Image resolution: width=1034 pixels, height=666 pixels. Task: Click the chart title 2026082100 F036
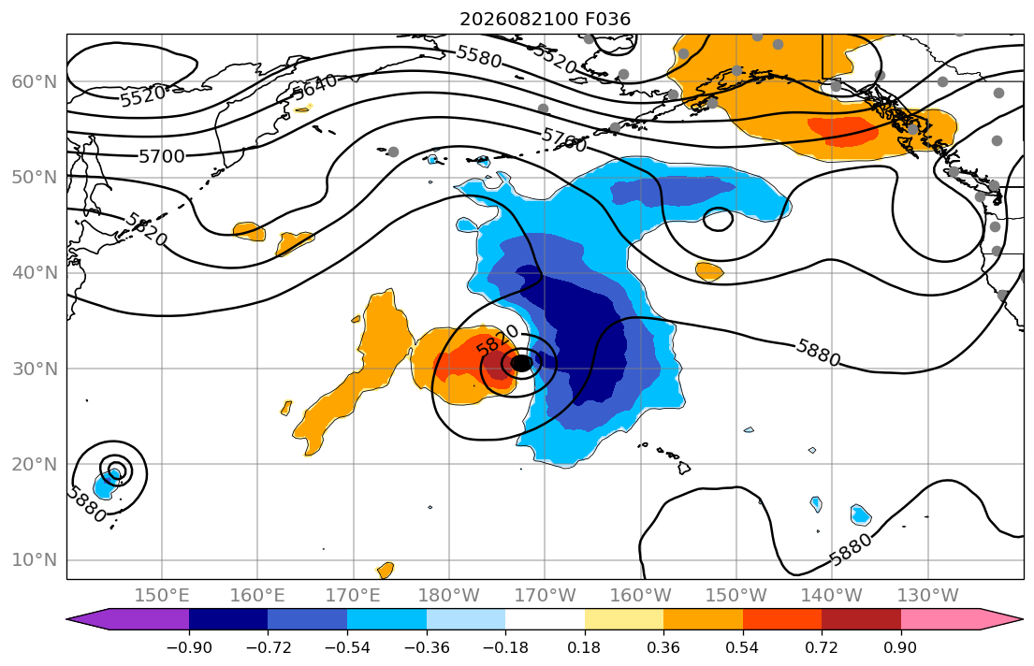[545, 19]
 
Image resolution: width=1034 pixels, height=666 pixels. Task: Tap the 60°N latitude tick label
[35, 81]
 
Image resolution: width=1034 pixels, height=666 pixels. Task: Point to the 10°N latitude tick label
[35, 560]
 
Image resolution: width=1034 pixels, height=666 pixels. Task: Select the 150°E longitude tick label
[162, 596]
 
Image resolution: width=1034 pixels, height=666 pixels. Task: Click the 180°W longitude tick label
[449, 596]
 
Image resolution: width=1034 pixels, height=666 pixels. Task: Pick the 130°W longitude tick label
[928, 596]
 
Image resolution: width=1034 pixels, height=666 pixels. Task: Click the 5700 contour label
[162, 156]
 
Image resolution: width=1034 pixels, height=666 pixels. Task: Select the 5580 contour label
[479, 56]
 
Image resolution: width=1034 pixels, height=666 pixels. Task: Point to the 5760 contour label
[564, 139]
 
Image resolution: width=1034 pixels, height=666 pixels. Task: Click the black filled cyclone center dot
[521, 363]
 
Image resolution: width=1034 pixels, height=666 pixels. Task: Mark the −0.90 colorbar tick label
[189, 647]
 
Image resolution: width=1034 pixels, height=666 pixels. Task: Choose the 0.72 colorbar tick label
[822, 647]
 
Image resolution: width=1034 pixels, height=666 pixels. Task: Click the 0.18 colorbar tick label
[584, 647]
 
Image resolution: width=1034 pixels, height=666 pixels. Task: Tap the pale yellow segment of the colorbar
[624, 619]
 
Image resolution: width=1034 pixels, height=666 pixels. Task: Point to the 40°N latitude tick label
[35, 272]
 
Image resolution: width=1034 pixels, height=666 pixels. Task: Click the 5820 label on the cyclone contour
[497, 340]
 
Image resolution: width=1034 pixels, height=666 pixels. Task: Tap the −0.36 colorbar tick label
[427, 647]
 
